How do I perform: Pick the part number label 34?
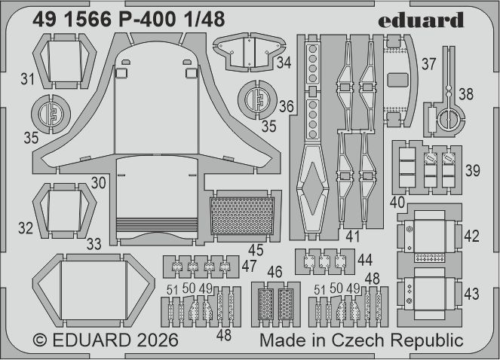pyautogui.click(x=284, y=63)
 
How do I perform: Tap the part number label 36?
pyautogui.click(x=286, y=107)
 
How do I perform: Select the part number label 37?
pyautogui.click(x=429, y=65)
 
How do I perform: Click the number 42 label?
pyautogui.click(x=471, y=236)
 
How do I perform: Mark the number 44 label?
pyautogui.click(x=365, y=260)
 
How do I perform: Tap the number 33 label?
pyautogui.click(x=94, y=243)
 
